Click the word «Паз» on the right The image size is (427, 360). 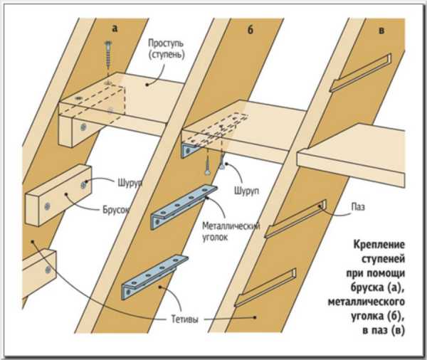357,208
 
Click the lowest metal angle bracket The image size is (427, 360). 155,278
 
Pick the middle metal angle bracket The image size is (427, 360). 184,206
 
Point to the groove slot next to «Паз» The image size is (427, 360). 295,221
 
